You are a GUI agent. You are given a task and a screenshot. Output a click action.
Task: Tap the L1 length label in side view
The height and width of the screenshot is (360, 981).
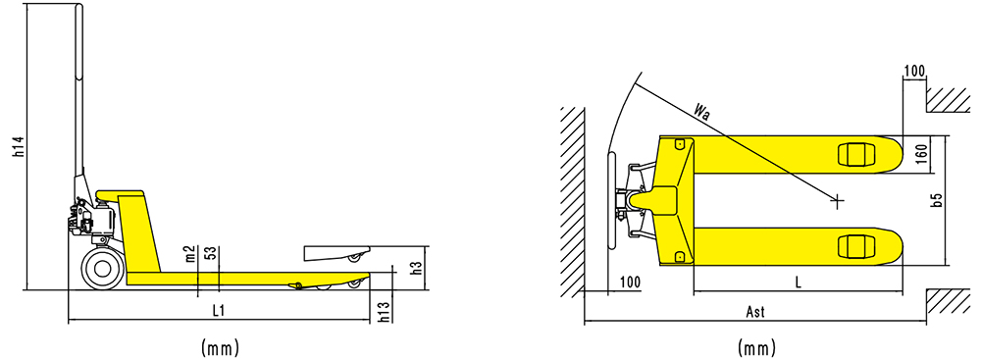(219, 311)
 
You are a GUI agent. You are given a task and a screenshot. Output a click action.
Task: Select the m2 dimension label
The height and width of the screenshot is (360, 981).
(192, 253)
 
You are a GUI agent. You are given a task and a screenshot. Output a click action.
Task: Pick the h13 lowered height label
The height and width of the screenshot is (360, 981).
(386, 312)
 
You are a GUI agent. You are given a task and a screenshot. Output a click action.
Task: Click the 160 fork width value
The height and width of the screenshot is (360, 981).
(920, 154)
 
